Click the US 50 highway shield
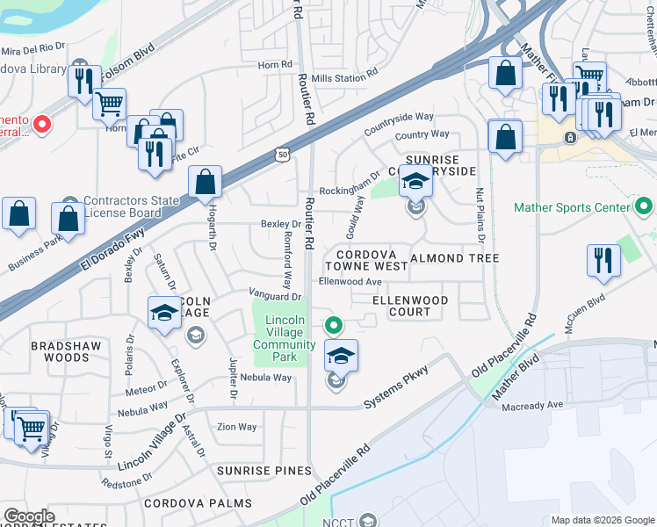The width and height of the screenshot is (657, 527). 281,154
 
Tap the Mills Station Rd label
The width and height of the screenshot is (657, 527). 339,78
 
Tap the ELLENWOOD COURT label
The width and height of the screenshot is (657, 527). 410,306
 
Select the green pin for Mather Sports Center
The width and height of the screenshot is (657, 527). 643,207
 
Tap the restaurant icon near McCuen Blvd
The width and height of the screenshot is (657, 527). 603,260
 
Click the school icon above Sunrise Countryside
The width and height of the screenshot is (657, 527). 416,181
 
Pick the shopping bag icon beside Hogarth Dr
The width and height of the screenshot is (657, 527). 205,183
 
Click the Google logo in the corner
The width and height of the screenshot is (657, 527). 29,516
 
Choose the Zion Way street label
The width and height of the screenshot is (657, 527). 237,427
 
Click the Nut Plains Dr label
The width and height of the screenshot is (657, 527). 480,213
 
